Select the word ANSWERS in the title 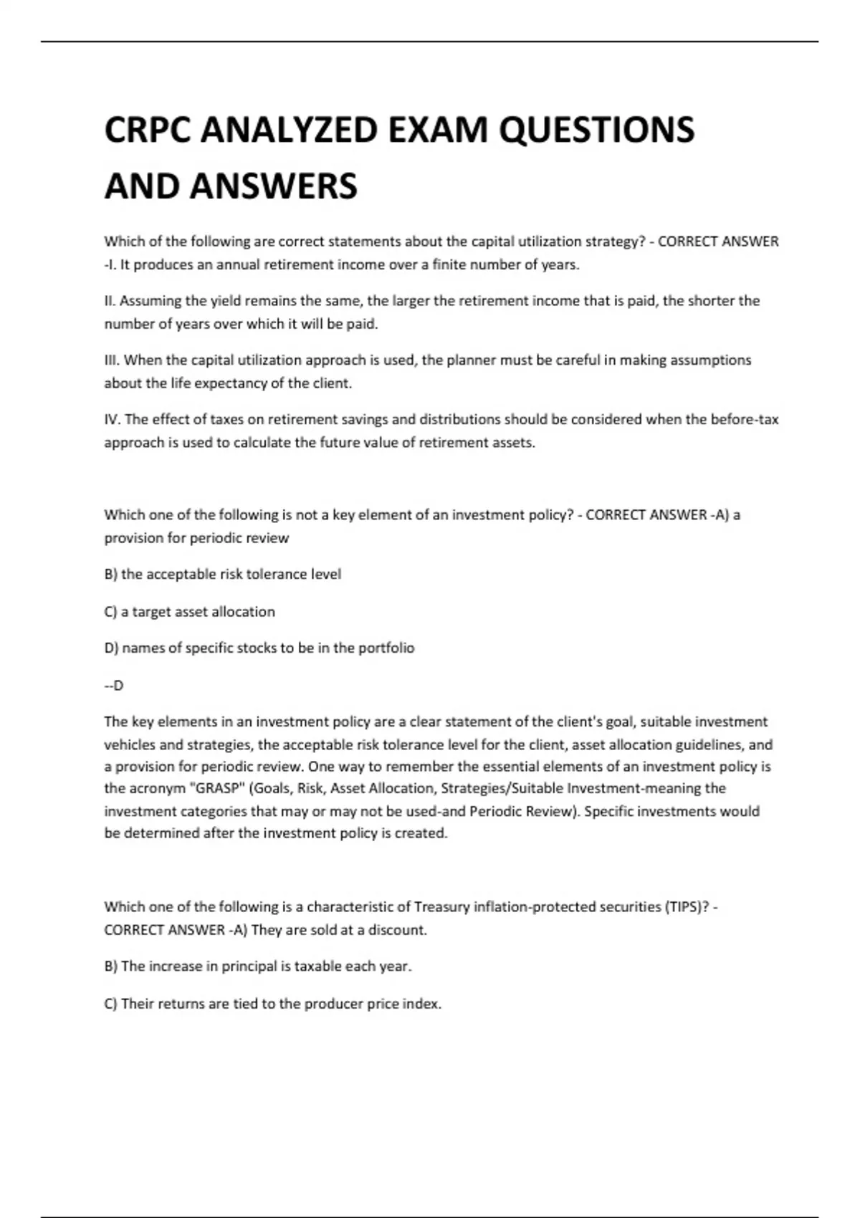(273, 186)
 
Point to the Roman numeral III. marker (113, 360)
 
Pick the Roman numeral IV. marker (113, 419)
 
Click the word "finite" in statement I (449, 264)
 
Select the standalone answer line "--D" (114, 685)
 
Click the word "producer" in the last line (333, 1003)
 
